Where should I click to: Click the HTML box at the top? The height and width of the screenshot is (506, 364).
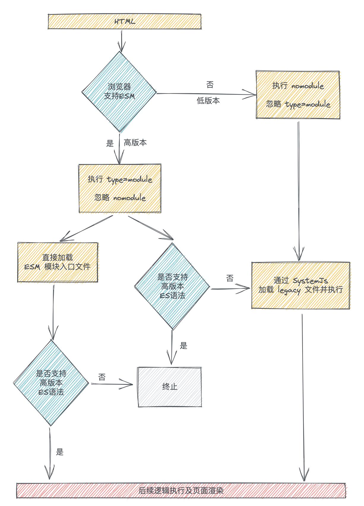pos(125,22)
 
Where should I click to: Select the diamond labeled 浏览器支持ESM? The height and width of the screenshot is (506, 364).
pos(119,91)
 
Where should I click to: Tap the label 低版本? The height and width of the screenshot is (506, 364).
pos(208,101)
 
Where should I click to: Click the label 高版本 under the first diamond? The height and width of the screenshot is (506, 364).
pos(135,143)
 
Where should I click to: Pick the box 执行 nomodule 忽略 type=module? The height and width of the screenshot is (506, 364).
pos(298,95)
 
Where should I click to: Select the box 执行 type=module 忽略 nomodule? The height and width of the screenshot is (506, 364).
pos(120,189)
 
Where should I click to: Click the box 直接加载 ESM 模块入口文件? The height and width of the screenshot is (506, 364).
pos(58,262)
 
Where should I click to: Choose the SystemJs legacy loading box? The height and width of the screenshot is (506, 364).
pos(300,285)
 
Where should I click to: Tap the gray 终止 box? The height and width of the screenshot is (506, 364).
pos(170,387)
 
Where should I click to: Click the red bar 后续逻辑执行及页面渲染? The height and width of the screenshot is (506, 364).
pos(181,490)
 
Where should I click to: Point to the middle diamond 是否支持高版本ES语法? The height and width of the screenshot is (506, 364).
pos(172,286)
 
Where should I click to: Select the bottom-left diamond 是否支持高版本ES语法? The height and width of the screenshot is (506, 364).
pos(51,383)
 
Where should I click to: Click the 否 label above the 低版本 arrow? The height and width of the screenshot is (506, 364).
pos(210,85)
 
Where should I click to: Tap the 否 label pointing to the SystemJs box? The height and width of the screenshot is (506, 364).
pos(230,278)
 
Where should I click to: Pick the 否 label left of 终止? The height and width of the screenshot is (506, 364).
pos(102,377)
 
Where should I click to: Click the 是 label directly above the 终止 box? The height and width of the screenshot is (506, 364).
pos(183,346)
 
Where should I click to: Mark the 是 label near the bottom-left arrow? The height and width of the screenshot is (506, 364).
pos(60,452)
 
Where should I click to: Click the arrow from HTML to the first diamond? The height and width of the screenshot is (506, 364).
pos(121,40)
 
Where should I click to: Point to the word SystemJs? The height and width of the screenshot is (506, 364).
pos(310,281)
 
